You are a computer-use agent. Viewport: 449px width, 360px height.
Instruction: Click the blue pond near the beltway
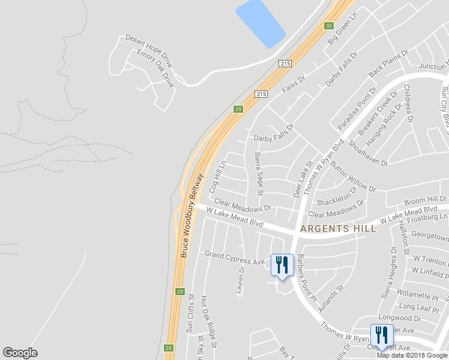(261, 23)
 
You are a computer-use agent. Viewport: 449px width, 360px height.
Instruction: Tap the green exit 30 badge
(328, 26)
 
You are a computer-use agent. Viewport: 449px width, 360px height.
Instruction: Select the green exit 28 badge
(169, 348)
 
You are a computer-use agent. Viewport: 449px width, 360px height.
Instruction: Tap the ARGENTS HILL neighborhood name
(338, 229)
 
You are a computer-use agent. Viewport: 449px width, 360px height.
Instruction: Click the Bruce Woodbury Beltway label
(193, 216)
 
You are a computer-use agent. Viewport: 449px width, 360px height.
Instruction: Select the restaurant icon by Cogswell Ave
(382, 335)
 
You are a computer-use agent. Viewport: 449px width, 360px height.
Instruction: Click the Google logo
(20, 353)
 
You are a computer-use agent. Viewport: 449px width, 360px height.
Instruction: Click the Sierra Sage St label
(259, 173)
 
